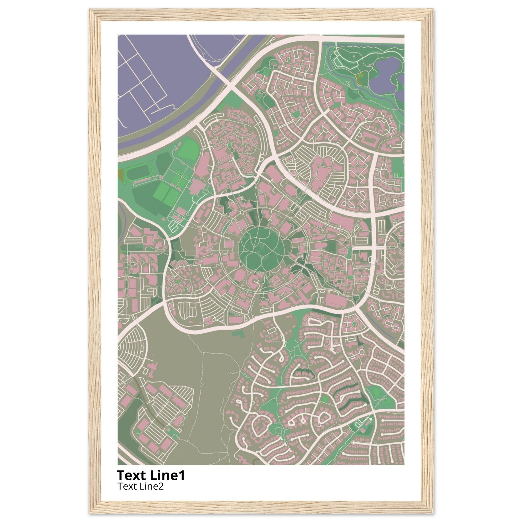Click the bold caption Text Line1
point(151,475)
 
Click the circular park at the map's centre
point(261,249)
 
